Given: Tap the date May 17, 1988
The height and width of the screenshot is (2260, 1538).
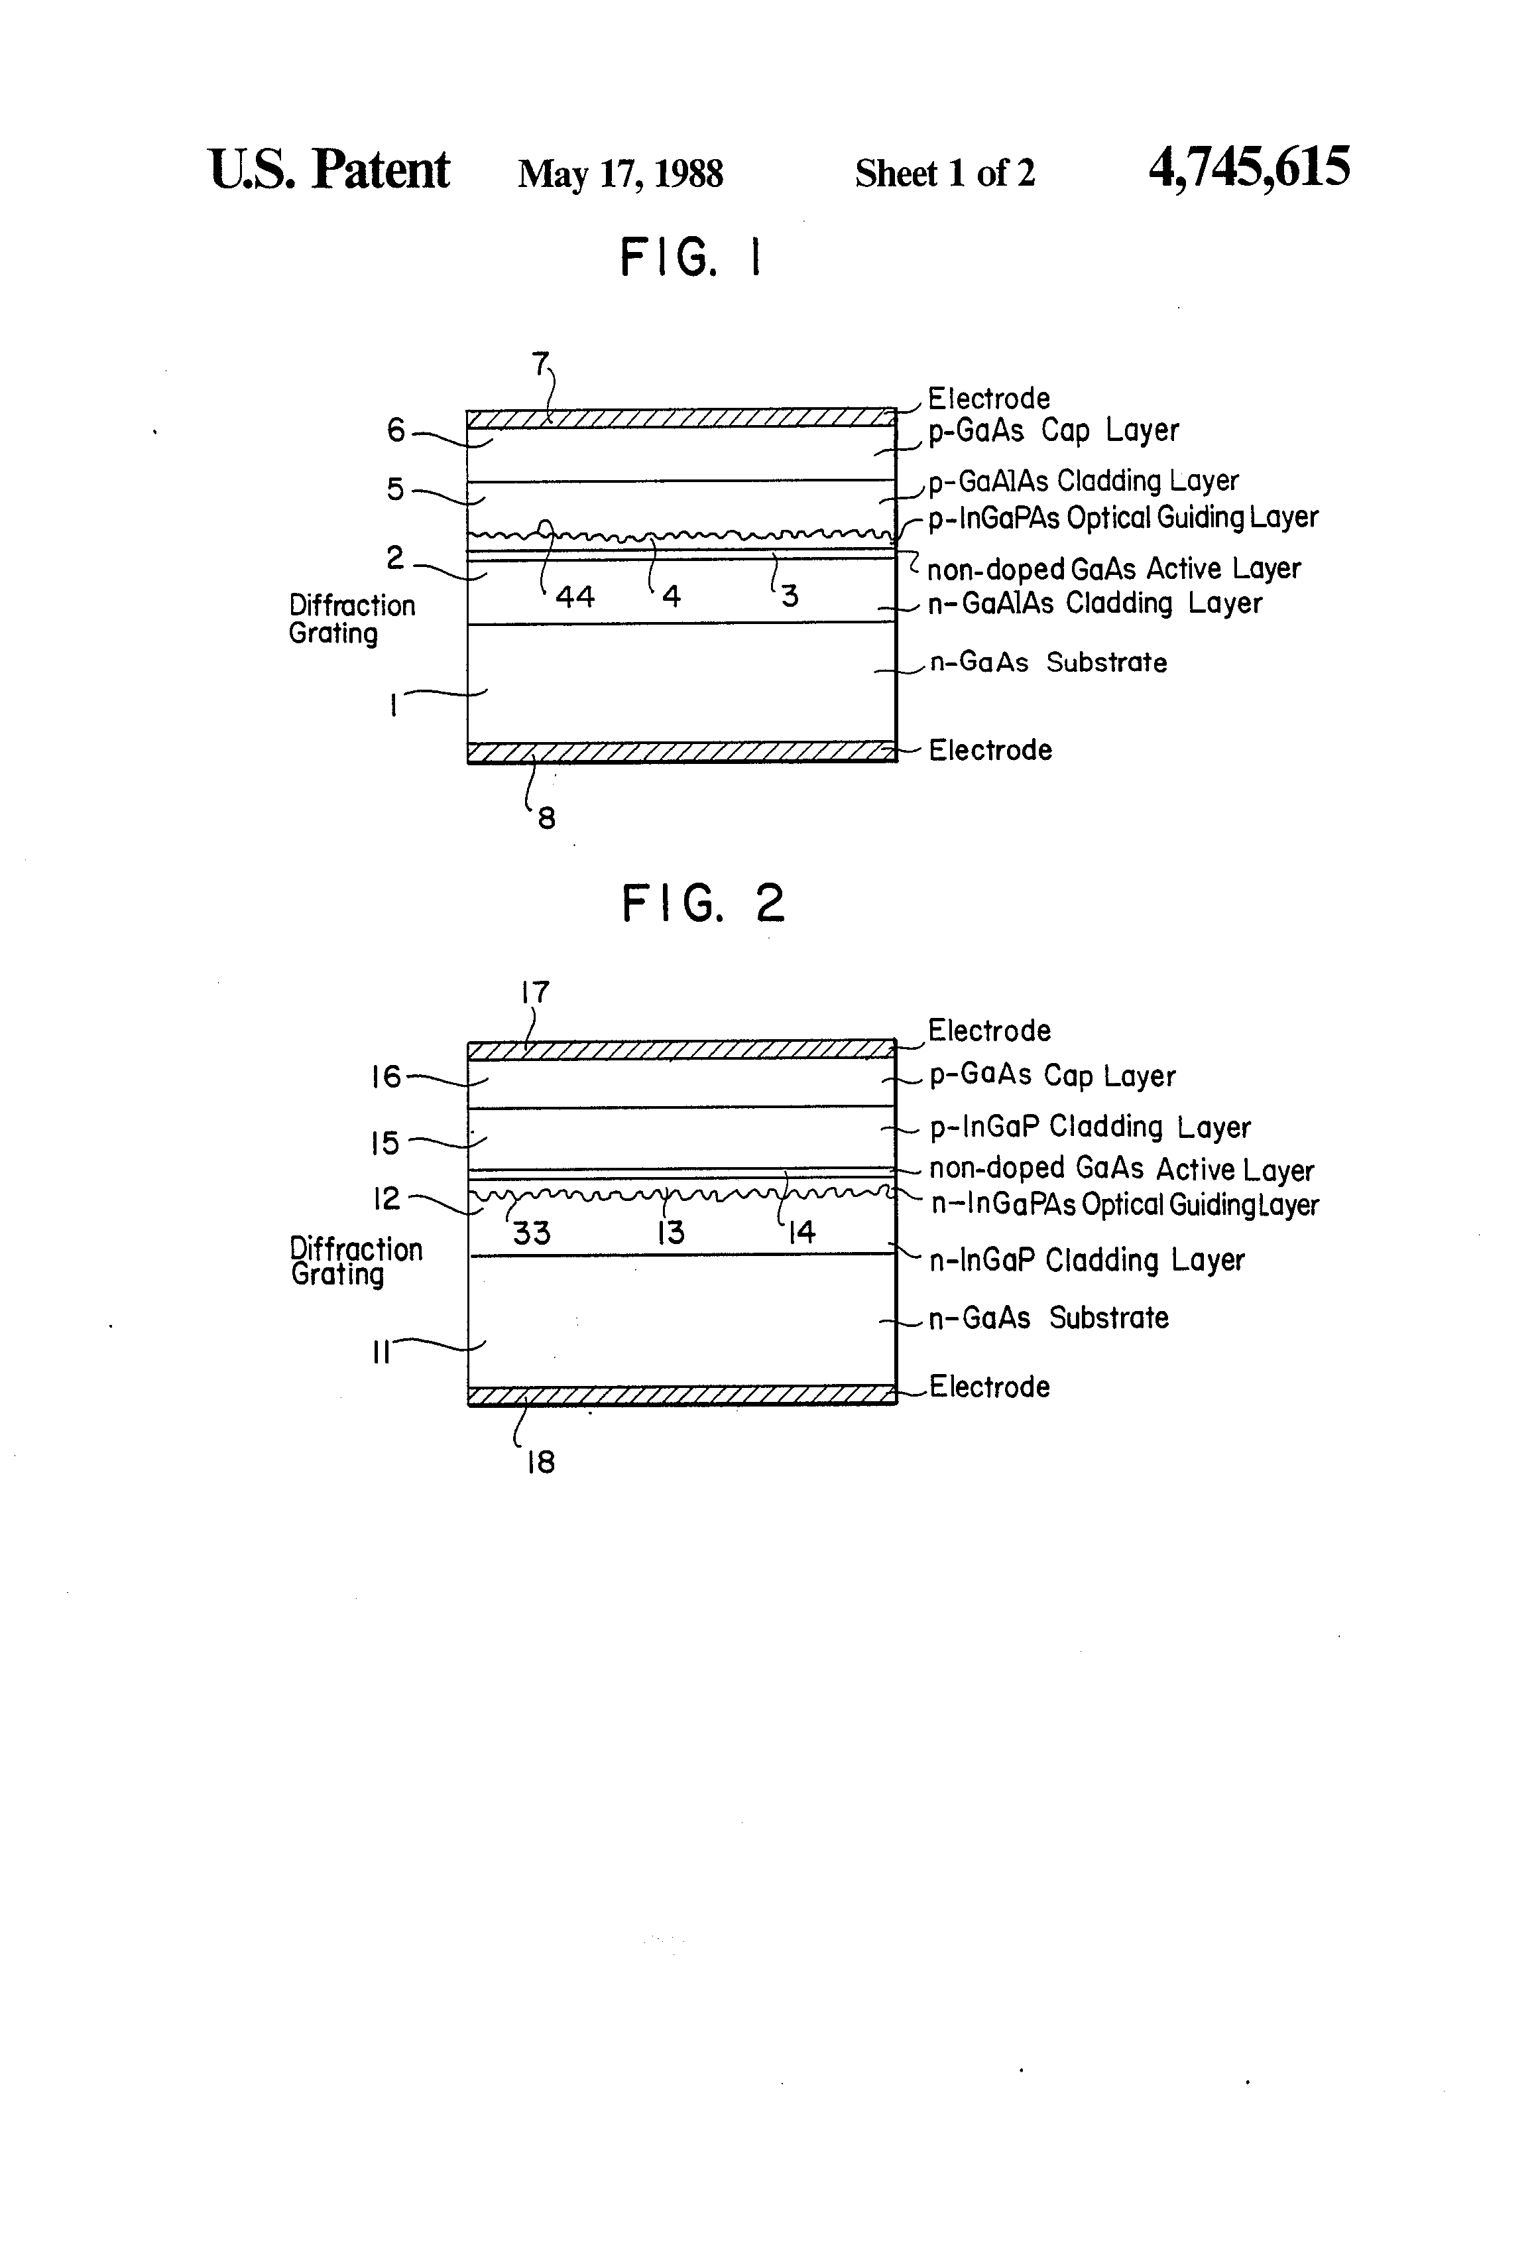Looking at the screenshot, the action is (x=621, y=174).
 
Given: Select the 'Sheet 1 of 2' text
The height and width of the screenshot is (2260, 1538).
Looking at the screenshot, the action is (x=944, y=174).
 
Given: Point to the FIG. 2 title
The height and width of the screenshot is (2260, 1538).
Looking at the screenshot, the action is (x=702, y=903).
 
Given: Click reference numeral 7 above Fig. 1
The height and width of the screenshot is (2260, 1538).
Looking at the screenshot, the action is (x=540, y=363).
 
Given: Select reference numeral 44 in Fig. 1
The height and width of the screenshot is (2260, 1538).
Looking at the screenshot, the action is (x=575, y=596).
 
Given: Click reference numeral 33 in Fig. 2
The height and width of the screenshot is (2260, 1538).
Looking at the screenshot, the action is (x=531, y=1233).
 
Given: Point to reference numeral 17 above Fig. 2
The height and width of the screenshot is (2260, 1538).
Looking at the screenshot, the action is (x=535, y=993).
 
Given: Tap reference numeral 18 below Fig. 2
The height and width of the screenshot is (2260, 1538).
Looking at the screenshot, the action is (x=540, y=1463).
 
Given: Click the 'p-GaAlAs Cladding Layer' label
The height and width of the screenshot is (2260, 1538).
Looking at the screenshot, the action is (x=1083, y=481).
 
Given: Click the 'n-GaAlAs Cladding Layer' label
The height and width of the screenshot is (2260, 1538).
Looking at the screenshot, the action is (x=1094, y=604).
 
